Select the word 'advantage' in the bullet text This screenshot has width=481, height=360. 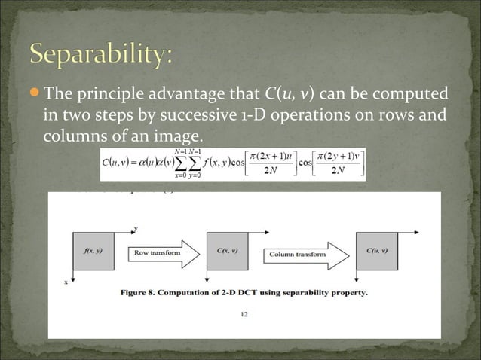tap(189, 94)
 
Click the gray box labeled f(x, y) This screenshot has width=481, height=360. tap(94, 252)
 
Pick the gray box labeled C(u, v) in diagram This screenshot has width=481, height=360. tap(378, 252)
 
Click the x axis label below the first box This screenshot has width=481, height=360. tap(65, 282)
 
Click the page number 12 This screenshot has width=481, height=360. tap(244, 315)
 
